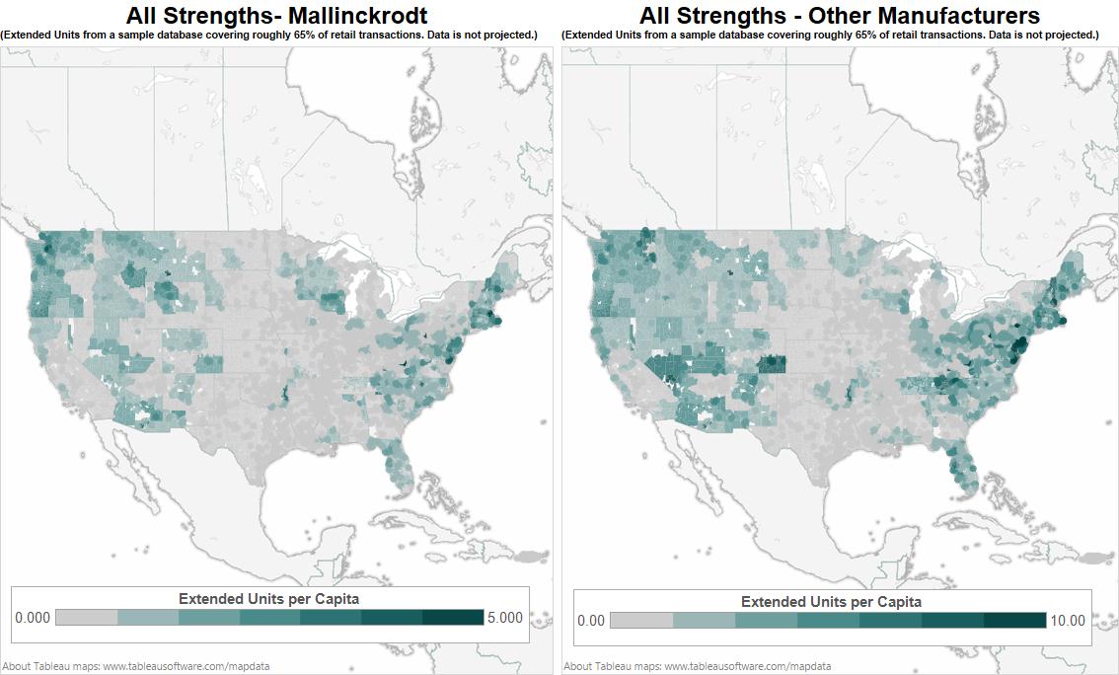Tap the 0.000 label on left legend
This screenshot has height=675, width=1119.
point(32,618)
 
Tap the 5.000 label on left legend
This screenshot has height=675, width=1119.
point(505,618)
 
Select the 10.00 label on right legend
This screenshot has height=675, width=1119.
point(1067,621)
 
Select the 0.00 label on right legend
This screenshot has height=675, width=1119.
point(591,621)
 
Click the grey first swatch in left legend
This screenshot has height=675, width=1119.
point(86,618)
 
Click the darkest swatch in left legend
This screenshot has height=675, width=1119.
point(453,618)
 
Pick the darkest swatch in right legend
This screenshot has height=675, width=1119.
point(1014,621)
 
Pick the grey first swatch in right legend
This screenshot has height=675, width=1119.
point(641,621)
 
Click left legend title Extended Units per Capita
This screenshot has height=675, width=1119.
point(268,599)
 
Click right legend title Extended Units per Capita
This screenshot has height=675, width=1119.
point(831,602)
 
